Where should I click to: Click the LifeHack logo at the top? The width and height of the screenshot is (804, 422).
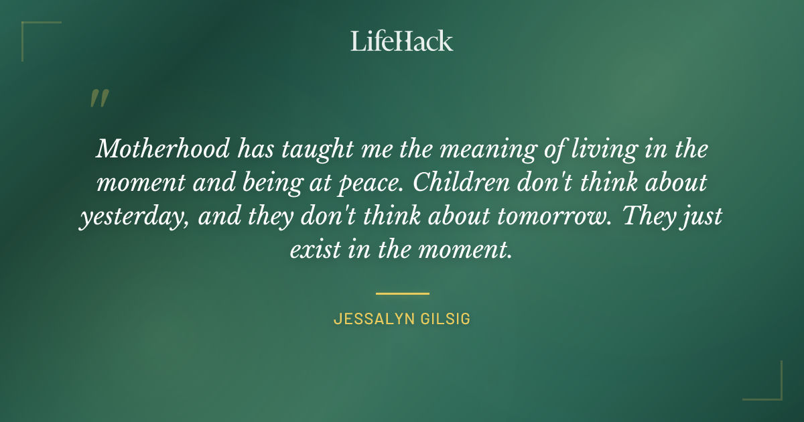402,41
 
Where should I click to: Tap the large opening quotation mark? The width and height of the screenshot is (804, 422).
98,98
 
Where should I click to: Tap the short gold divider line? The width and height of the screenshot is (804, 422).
402,293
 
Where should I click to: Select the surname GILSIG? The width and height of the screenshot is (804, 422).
446,320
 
